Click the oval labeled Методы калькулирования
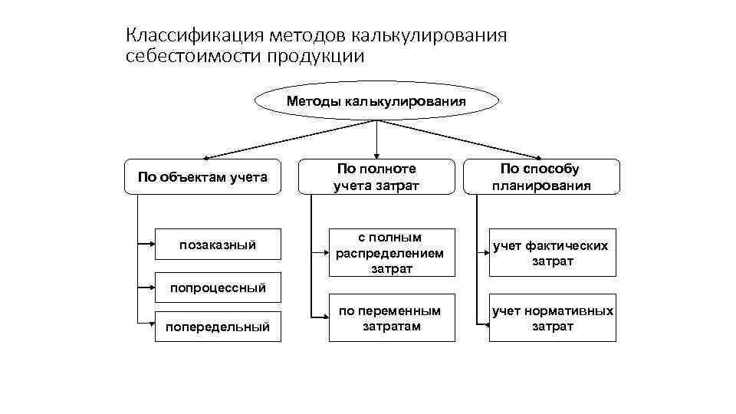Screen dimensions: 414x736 [x=376, y=100]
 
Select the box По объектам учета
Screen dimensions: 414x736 [x=202, y=178]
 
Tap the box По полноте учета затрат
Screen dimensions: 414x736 [x=376, y=177]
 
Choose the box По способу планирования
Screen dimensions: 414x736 [x=540, y=177]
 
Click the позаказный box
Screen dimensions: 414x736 [x=218, y=245]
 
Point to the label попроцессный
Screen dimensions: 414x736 [x=218, y=288]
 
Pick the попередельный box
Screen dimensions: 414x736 [x=218, y=327]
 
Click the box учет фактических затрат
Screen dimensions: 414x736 [x=552, y=253]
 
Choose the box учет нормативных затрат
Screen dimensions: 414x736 [x=552, y=318]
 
